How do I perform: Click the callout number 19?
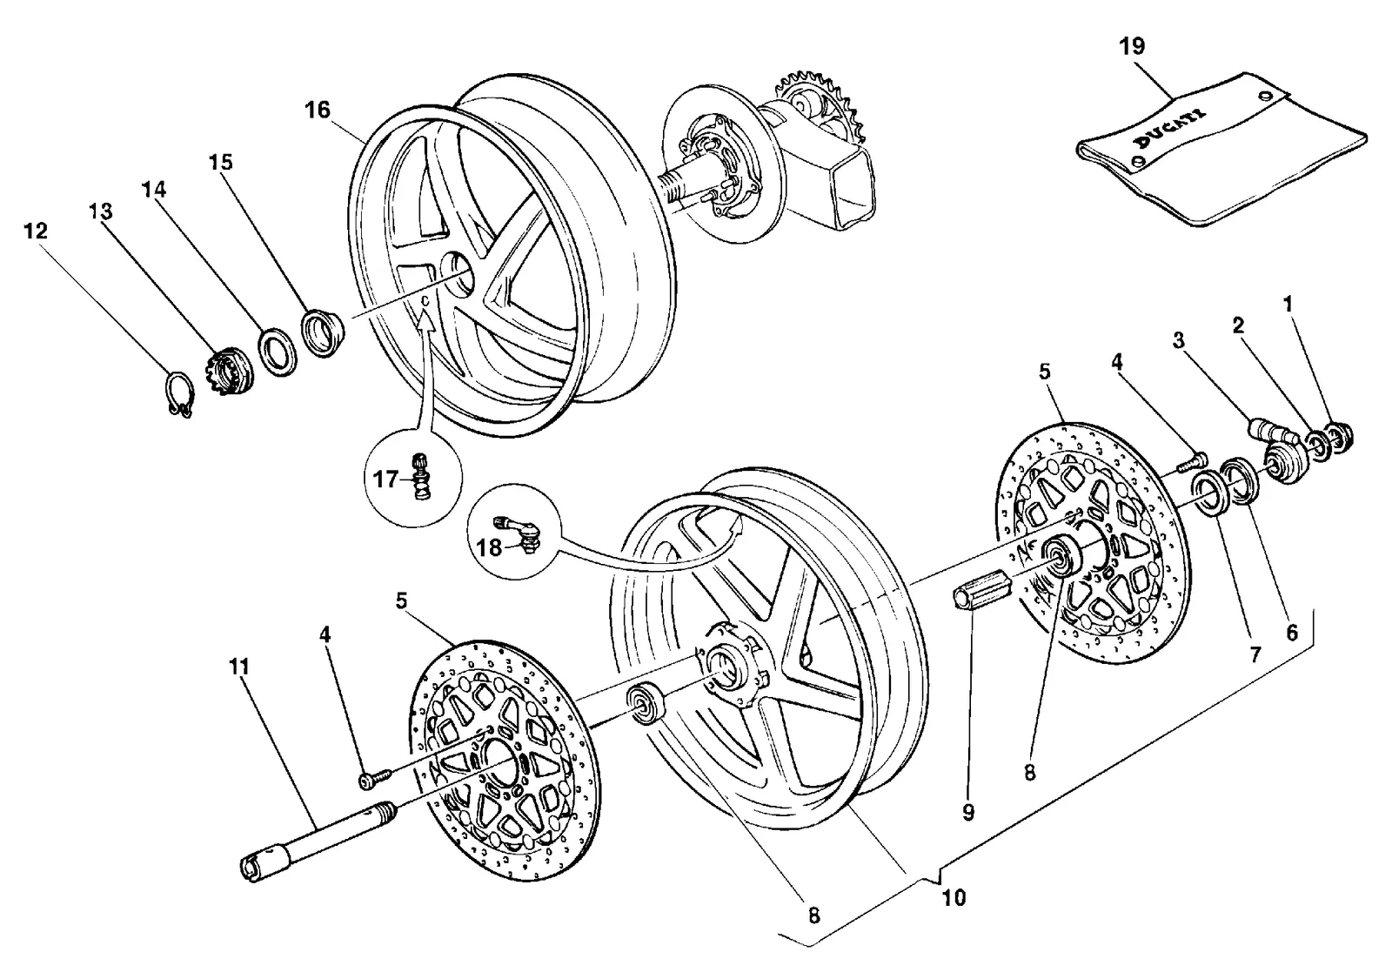tap(1132, 46)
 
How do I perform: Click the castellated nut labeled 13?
tap(230, 373)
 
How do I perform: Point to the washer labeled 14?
tap(278, 353)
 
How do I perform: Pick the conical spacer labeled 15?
tap(323, 335)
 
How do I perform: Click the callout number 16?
tap(317, 110)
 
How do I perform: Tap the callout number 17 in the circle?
tap(385, 479)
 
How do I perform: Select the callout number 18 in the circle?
tap(489, 547)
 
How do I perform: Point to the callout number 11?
tap(239, 667)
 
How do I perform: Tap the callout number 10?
tap(954, 897)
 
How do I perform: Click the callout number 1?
tap(1288, 304)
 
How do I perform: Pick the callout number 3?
tap(1178, 340)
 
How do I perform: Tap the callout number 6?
tap(1292, 633)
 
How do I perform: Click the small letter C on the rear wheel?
tap(425, 300)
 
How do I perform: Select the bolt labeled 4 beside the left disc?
tap(375, 778)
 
